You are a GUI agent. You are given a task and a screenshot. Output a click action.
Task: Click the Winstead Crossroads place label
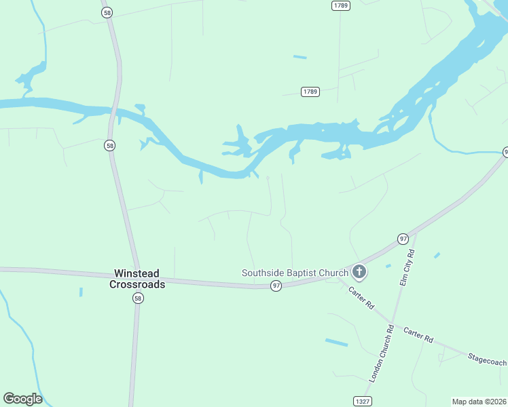[137, 279]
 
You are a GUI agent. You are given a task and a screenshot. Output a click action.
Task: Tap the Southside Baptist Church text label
[295, 273]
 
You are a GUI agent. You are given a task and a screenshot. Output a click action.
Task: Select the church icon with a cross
[359, 273]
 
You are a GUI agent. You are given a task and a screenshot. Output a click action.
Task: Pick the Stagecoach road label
[487, 360]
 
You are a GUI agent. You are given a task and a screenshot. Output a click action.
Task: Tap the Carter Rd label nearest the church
[361, 298]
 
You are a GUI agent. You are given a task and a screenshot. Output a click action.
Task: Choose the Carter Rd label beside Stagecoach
[418, 334]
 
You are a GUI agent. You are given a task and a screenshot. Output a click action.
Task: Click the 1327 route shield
[363, 402]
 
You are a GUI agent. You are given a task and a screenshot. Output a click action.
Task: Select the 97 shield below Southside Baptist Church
[276, 287]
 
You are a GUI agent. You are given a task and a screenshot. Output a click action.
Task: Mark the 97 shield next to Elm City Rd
[403, 239]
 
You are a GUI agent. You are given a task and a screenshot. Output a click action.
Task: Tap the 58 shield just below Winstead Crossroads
[138, 298]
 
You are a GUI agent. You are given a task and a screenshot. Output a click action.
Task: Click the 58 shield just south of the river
[110, 145]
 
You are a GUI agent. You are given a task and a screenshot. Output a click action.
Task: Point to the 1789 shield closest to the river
[310, 92]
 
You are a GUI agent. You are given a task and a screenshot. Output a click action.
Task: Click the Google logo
[22, 399]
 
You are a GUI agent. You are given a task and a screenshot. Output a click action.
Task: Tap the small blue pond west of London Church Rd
[336, 343]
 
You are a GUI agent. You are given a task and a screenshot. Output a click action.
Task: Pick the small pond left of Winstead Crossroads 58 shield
[81, 292]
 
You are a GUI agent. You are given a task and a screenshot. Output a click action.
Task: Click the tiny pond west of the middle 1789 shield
[300, 57]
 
